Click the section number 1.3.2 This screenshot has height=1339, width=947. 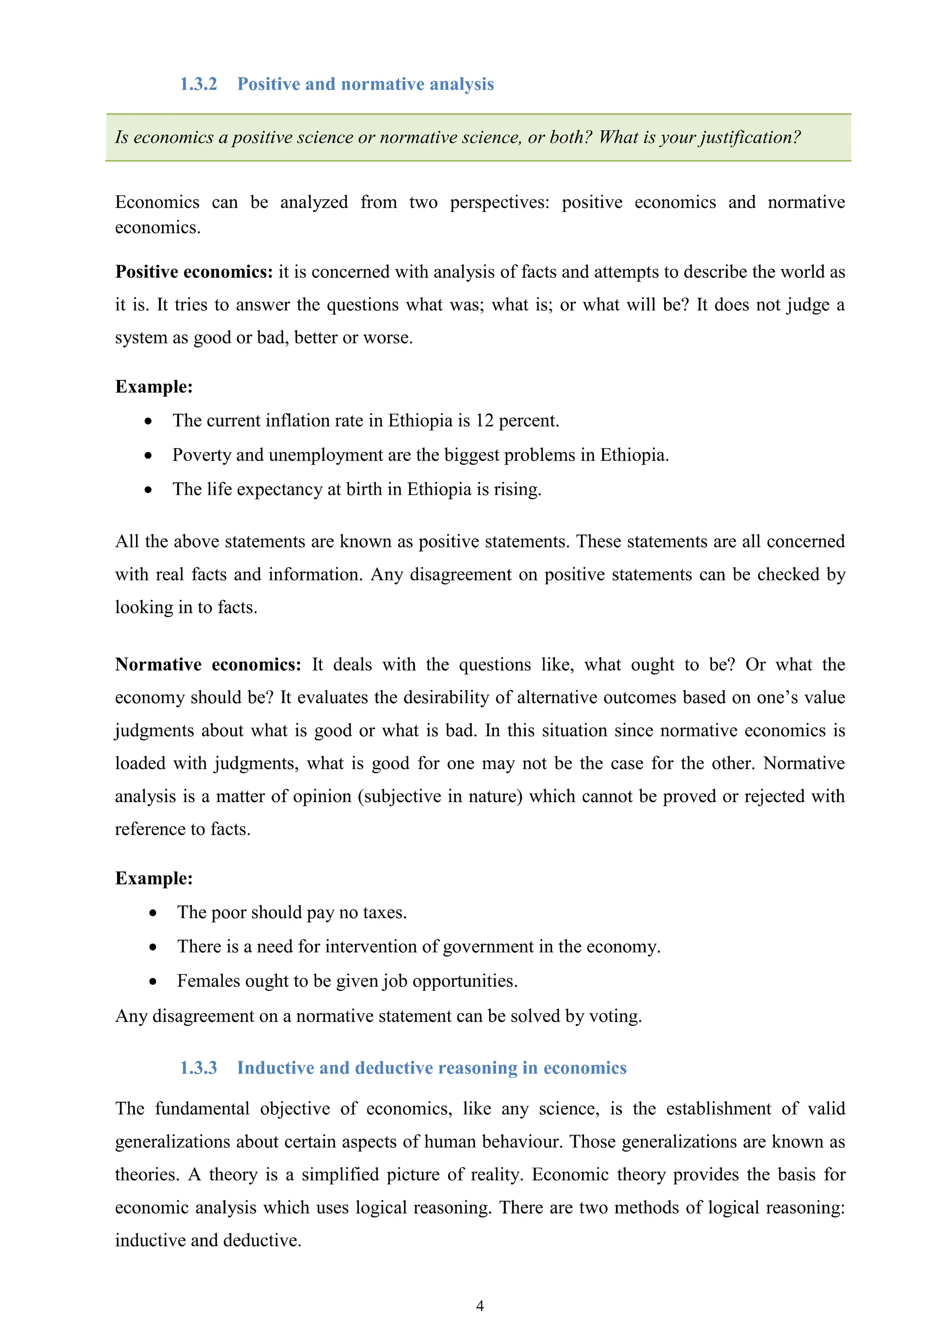(x=198, y=84)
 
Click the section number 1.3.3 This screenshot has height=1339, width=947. (x=198, y=1068)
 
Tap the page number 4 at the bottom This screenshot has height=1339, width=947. (x=480, y=1306)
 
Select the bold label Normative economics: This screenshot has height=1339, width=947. (x=208, y=665)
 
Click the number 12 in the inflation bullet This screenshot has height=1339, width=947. (x=484, y=420)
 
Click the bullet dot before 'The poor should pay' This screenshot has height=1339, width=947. (x=153, y=913)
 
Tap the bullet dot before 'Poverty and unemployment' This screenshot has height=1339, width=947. (x=149, y=455)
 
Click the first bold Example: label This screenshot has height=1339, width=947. (x=154, y=387)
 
